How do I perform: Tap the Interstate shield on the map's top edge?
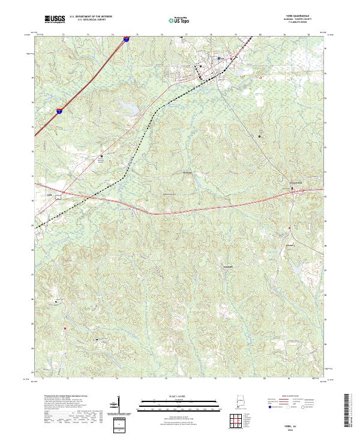click(x=127, y=39)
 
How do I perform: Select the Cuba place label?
click(x=50, y=194)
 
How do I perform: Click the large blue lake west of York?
click(x=128, y=106)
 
